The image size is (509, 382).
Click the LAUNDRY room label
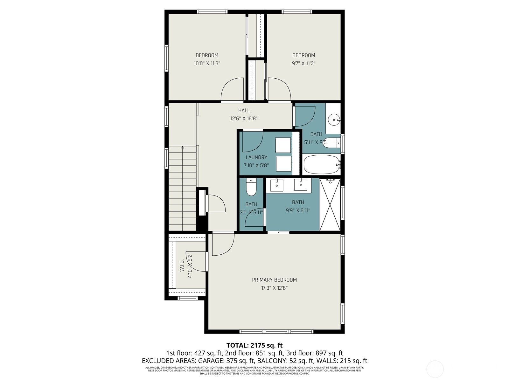coord(256,157)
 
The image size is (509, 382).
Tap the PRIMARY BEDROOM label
coord(274,280)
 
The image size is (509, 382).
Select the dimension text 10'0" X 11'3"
coord(207,63)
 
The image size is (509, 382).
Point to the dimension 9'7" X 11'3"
coord(303,63)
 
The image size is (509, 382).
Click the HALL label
coord(244,110)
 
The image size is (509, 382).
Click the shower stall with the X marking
coord(330,204)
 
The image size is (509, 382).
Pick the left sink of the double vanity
coord(277,185)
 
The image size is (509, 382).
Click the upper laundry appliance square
coord(283,145)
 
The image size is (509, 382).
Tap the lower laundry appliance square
coord(283,164)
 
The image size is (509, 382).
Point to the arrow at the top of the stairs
coord(182,148)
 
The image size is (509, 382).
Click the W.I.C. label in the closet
coord(182,265)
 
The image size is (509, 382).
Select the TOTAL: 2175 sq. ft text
coord(254,345)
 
